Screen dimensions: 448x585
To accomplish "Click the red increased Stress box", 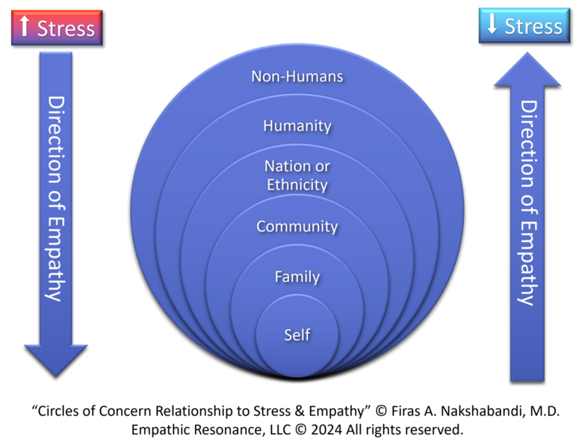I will [x=56, y=28].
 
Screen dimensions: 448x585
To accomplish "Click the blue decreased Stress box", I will [x=523, y=26].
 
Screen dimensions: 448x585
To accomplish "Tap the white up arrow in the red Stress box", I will [x=24, y=28].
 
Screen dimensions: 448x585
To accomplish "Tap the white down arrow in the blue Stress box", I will [x=492, y=25].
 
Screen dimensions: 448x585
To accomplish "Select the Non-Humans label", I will [x=297, y=76].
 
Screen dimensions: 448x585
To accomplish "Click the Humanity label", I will [x=297, y=125].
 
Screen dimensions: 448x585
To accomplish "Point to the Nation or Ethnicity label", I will [x=297, y=175].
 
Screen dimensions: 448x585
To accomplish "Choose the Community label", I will [x=297, y=226].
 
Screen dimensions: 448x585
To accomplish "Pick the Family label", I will [x=297, y=277].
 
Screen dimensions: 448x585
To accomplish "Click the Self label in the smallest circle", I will [x=297, y=335].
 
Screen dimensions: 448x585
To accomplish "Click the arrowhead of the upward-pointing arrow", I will [x=527, y=71].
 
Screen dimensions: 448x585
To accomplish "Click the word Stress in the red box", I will [x=66, y=28].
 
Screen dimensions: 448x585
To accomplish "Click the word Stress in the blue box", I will [x=533, y=26].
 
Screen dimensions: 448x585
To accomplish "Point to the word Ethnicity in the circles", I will [x=297, y=184].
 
